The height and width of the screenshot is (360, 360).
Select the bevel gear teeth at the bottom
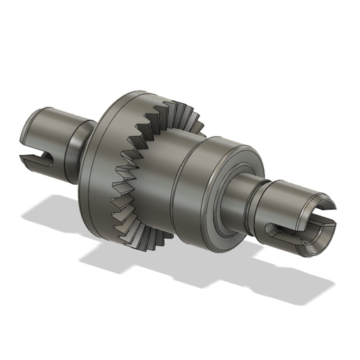(x=143, y=234)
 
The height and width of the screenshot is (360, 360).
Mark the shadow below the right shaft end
(x=293, y=279)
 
